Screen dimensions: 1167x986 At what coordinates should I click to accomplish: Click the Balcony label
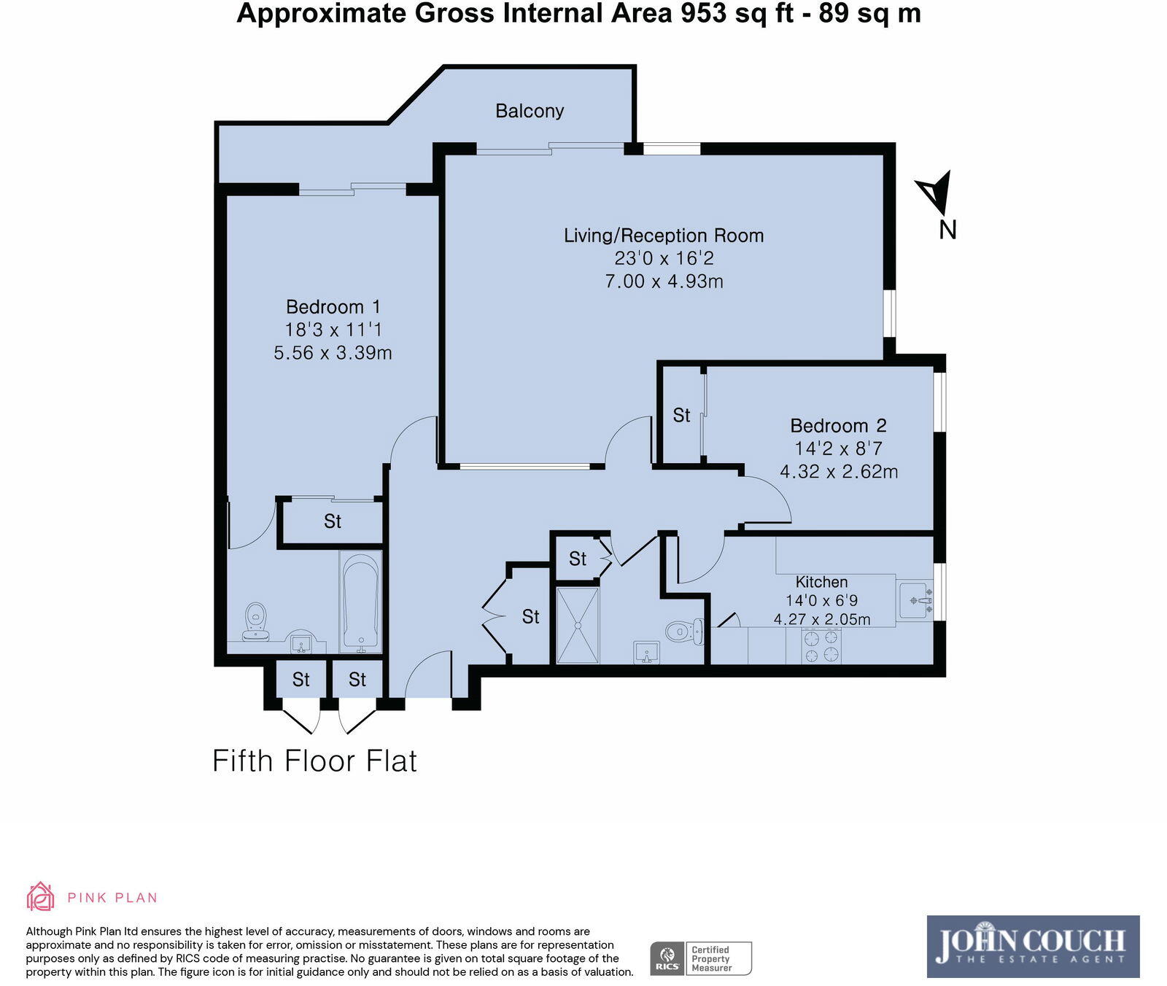530,111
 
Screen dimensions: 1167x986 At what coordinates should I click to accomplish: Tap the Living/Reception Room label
664,236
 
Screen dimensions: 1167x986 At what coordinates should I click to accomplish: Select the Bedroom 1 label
333,307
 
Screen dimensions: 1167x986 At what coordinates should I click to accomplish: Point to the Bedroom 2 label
839,426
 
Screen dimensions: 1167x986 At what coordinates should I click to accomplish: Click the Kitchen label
821,582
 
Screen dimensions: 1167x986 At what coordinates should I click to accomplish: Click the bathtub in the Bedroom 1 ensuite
360,603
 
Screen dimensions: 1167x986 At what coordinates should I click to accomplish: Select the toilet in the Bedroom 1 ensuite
255,621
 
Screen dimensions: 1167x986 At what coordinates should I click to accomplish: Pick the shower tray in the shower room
578,626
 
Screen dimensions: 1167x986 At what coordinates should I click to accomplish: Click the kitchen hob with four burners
821,646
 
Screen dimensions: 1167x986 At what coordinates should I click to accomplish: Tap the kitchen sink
915,600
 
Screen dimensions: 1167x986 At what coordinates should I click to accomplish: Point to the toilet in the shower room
684,630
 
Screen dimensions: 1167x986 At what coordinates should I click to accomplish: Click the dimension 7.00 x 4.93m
664,282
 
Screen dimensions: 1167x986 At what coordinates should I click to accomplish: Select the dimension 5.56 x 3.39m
333,353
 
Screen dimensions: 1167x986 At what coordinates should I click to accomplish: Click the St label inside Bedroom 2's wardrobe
681,416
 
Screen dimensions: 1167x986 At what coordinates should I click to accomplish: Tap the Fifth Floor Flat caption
314,761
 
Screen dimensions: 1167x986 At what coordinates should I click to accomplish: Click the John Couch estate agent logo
1033,947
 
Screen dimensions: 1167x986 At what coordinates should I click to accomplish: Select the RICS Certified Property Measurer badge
701,958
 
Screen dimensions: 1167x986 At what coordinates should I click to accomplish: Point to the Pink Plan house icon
40,896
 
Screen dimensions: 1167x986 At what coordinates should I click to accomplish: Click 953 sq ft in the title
737,14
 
